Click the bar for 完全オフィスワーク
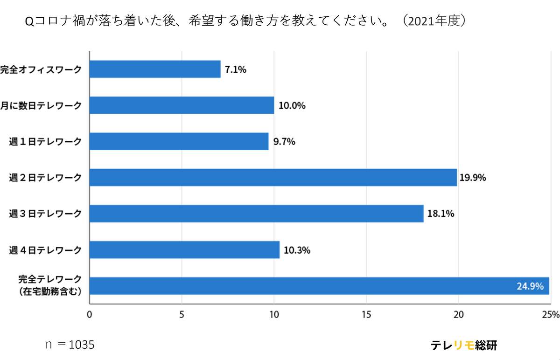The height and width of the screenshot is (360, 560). click(x=154, y=69)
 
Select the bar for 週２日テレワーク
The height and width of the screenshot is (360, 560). click(x=273, y=178)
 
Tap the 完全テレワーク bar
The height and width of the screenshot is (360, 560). click(x=319, y=286)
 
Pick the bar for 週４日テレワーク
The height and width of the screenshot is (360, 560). click(x=184, y=250)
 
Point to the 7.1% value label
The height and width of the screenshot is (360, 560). click(x=235, y=70)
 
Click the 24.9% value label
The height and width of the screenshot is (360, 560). click(x=530, y=286)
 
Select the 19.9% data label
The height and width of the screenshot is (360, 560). click(x=473, y=178)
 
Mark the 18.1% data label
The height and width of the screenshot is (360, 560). click(x=440, y=214)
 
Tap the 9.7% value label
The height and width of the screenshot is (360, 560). click(x=284, y=142)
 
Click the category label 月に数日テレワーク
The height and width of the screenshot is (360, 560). click(x=41, y=105)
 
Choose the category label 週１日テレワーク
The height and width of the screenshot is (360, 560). click(x=45, y=142)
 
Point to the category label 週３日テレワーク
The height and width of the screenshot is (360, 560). click(x=45, y=214)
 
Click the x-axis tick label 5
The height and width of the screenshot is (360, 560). click(x=182, y=314)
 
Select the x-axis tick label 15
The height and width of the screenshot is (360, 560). click(x=366, y=314)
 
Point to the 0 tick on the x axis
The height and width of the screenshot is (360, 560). click(x=89, y=314)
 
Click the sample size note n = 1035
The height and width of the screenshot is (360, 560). click(x=70, y=345)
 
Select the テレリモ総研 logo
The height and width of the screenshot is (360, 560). click(x=464, y=345)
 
